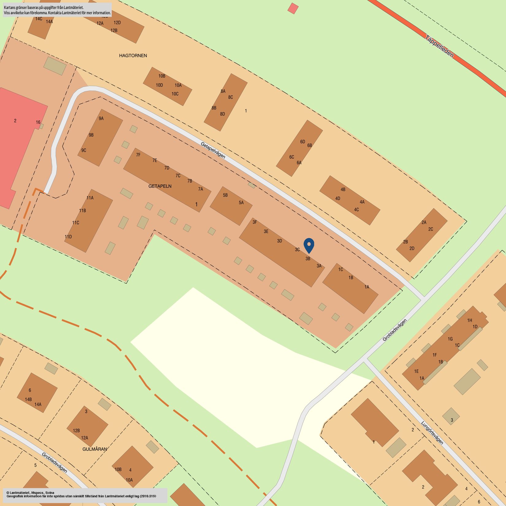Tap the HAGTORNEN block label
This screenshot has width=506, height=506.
click(133, 56)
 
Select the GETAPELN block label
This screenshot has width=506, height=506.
click(160, 186)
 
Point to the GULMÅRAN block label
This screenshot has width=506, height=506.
click(95, 449)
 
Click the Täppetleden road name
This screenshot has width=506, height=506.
click(439, 46)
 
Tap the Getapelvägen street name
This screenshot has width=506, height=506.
click(213, 150)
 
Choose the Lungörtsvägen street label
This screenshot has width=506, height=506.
click(432, 433)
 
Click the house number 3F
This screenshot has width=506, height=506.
click(255, 222)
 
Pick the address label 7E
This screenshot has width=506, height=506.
click(155, 160)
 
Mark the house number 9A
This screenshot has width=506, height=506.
click(101, 118)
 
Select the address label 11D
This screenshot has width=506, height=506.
click(68, 237)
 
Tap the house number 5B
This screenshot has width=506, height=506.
click(225, 195)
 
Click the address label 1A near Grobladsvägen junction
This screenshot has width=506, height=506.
click(367, 287)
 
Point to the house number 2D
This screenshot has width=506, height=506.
click(412, 248)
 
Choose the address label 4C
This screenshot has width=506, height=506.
click(356, 210)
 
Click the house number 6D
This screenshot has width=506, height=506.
click(303, 142)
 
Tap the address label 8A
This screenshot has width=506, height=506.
click(223, 91)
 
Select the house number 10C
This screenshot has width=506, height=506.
click(175, 94)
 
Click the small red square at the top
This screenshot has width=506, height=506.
click(293, 8)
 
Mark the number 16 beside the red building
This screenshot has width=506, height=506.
click(38, 122)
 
